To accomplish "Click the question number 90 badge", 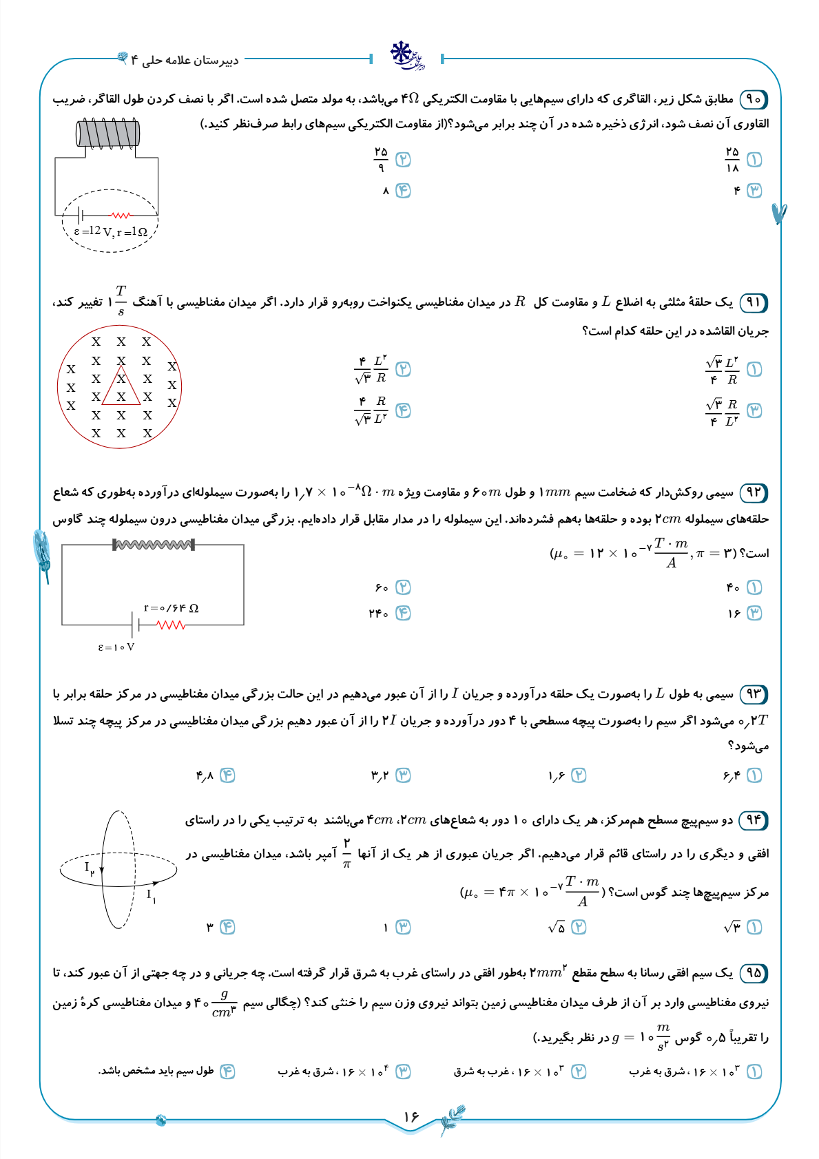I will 754,99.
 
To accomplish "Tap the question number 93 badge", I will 754,693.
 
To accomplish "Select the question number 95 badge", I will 754,972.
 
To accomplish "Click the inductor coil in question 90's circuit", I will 108,133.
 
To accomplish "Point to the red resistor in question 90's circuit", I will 121,215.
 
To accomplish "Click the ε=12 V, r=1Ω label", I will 111,232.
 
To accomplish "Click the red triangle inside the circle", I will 121,386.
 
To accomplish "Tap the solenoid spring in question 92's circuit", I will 154,545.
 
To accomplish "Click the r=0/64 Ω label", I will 171,608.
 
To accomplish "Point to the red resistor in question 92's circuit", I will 171,625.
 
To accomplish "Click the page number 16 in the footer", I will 411,1116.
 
